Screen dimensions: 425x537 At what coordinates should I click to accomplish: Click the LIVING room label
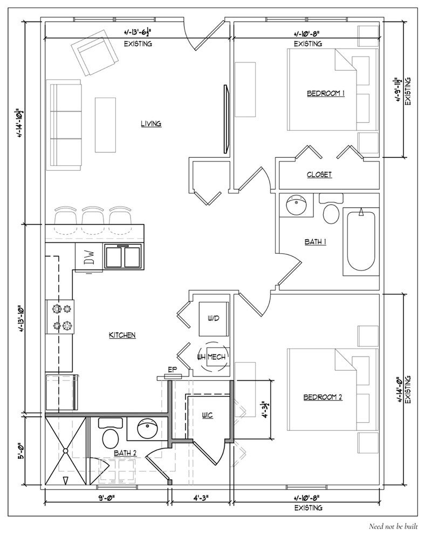(x=151, y=124)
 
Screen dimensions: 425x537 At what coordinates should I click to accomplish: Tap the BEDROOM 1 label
(x=326, y=93)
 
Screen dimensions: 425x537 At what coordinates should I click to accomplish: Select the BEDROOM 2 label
(x=323, y=397)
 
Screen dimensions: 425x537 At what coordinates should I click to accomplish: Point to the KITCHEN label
(x=122, y=335)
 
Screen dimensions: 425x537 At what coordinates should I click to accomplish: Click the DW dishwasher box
(x=89, y=257)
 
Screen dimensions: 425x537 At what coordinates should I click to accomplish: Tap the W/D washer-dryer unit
(x=214, y=319)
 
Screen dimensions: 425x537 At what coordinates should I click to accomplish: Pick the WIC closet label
(x=207, y=415)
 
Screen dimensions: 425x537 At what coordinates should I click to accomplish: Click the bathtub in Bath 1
(x=360, y=241)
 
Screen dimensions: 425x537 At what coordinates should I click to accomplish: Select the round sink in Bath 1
(x=296, y=205)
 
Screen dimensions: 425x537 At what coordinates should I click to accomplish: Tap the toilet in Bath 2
(x=110, y=434)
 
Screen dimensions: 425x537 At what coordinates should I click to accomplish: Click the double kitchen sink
(x=123, y=256)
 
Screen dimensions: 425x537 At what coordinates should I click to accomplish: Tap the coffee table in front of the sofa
(x=106, y=124)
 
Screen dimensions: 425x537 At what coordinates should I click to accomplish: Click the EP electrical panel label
(x=172, y=370)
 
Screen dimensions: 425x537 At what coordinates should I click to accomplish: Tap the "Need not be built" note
(x=393, y=526)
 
